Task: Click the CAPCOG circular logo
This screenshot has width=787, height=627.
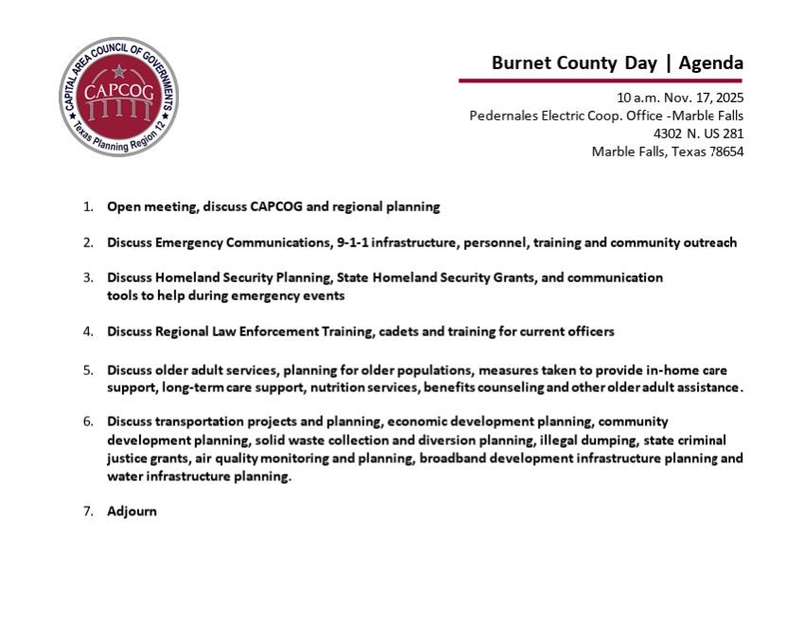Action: pyautogui.click(x=118, y=97)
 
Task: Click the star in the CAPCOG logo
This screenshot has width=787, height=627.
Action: pyautogui.click(x=118, y=71)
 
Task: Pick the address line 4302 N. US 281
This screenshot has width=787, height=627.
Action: pyautogui.click(x=698, y=134)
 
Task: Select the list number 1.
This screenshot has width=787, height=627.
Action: pyautogui.click(x=88, y=206)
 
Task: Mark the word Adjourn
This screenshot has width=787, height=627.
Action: pyautogui.click(x=132, y=511)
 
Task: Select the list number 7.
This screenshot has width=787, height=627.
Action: pyautogui.click(x=88, y=511)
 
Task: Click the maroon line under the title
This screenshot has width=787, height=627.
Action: pyautogui.click(x=600, y=81)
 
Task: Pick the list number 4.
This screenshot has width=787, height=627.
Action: pyautogui.click(x=88, y=331)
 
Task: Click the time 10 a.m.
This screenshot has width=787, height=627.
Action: pyautogui.click(x=635, y=98)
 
